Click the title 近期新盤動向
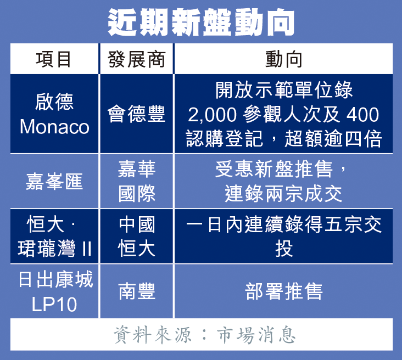[201, 22]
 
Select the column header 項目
[53, 59]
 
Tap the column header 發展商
[136, 59]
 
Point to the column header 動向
[283, 59]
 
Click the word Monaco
[54, 127]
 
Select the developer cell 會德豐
[136, 114]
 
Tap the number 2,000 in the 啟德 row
[213, 115]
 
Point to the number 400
[362, 115]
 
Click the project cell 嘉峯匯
[54, 182]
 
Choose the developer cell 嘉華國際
[137, 181]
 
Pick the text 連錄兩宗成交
[283, 194]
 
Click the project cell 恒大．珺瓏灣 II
[54, 236]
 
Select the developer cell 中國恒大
[137, 236]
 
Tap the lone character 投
[284, 249]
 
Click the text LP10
[54, 305]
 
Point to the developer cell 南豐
[137, 291]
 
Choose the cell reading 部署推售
[283, 291]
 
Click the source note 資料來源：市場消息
[204, 335]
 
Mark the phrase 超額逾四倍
[333, 139]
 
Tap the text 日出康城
[55, 279]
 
